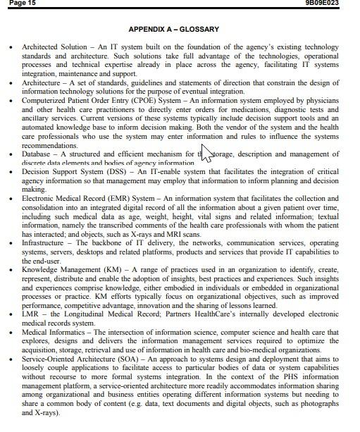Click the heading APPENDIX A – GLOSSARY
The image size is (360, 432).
pyautogui.click(x=173, y=30)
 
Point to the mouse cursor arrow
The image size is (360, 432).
pyautogui.click(x=205, y=152)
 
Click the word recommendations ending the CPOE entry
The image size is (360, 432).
pyautogui.click(x=49, y=145)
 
